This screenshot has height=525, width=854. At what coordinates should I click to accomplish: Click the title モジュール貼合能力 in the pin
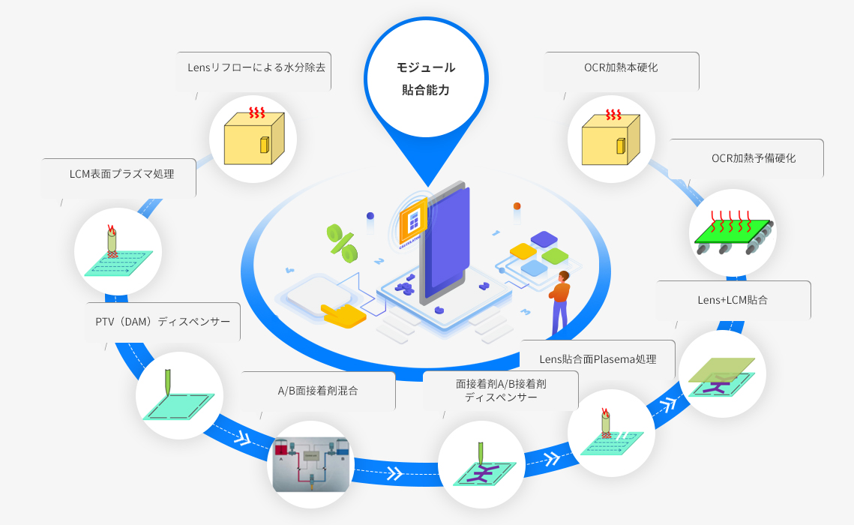(x=426, y=79)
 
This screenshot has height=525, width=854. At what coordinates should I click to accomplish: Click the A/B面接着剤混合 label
(x=318, y=390)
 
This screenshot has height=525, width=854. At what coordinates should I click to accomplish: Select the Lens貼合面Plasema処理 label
(x=598, y=359)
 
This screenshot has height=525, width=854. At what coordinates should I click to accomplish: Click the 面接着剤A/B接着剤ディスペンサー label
(x=501, y=390)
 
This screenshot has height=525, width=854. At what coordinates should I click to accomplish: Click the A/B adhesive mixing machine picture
(x=311, y=465)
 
